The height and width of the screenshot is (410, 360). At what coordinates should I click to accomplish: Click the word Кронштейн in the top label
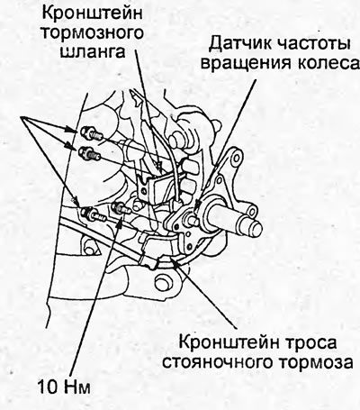point(92,14)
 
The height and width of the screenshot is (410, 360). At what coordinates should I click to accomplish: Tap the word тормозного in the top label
point(93,32)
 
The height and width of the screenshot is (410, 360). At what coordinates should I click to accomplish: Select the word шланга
point(93,51)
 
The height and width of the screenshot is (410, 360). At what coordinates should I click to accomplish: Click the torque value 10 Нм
point(64,387)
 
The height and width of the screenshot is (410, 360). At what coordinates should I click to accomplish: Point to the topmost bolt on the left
point(91,133)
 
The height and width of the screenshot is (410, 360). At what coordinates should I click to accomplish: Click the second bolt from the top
point(89,153)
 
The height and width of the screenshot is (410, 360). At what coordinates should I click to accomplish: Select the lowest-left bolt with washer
point(92,214)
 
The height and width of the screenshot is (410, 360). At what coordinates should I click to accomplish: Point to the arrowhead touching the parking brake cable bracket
point(176,264)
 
